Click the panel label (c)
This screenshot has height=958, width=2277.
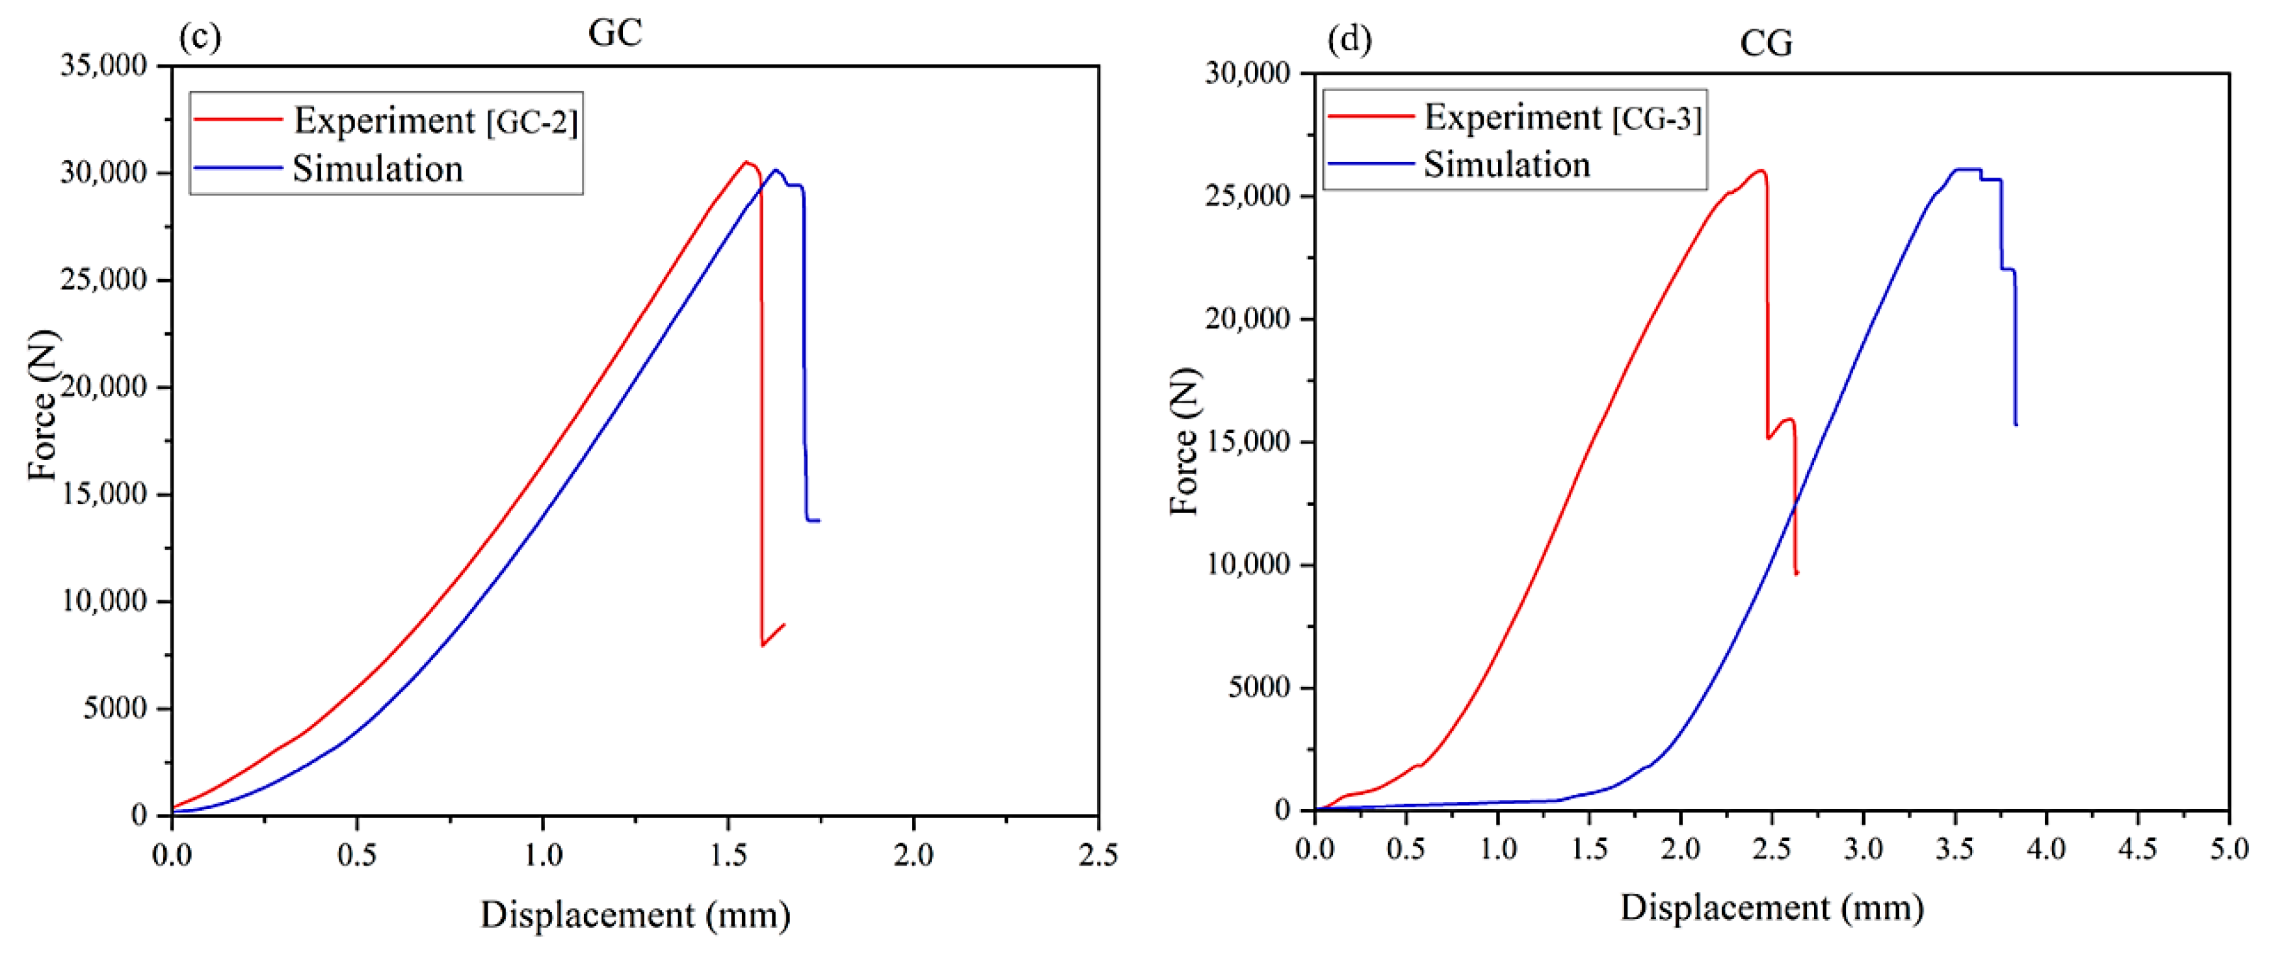[200, 38]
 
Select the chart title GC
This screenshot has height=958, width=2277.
[614, 34]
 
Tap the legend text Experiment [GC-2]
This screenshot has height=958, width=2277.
[435, 121]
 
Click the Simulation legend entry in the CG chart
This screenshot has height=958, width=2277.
[1507, 165]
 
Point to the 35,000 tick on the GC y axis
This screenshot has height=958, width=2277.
[103, 66]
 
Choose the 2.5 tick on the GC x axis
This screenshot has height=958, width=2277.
[1098, 854]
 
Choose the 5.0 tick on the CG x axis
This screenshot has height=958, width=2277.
[2228, 849]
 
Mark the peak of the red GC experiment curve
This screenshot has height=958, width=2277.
[746, 162]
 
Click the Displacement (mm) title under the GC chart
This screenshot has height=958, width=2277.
[635, 914]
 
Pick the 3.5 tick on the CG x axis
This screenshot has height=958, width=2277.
[1955, 849]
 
